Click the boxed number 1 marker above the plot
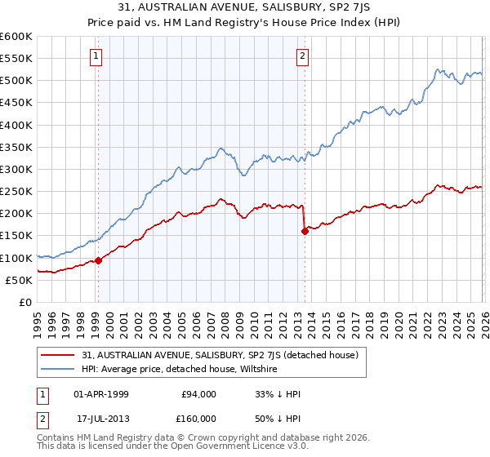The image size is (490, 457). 96,56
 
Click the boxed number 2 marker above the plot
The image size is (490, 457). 302,56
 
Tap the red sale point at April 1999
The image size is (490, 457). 98,260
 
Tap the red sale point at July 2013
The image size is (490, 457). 305,231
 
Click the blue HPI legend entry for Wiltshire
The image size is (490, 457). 180,370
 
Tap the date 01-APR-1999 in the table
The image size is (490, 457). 104,394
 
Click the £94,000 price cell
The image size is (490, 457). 198,394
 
